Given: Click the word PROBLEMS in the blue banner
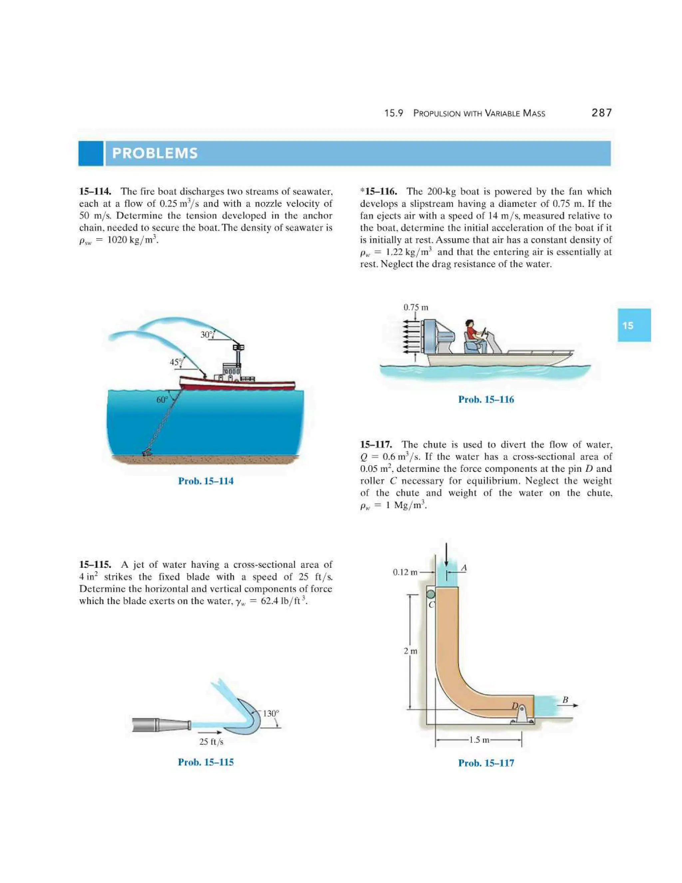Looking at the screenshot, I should click(155, 153).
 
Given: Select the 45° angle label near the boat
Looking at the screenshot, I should click(175, 362).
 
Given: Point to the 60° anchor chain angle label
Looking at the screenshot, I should click(162, 400).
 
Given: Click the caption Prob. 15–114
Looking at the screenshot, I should click(206, 481).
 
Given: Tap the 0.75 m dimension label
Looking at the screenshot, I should click(415, 307).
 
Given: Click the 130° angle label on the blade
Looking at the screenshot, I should click(271, 713).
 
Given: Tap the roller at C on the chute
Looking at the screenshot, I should click(431, 594).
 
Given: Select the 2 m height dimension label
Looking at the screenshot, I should click(411, 651).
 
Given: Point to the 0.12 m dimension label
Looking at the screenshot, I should click(405, 572).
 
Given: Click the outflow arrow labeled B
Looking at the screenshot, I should click(570, 705).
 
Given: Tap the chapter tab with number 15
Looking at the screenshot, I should click(633, 325).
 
